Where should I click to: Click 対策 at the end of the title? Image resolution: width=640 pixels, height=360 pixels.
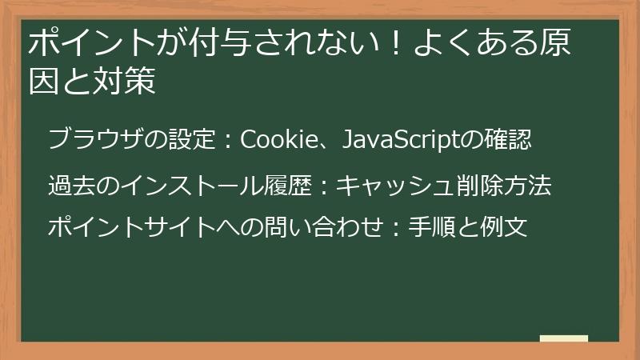pyautogui.click(x=126, y=82)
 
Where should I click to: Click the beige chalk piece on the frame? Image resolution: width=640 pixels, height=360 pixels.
pyautogui.click(x=563, y=339)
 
